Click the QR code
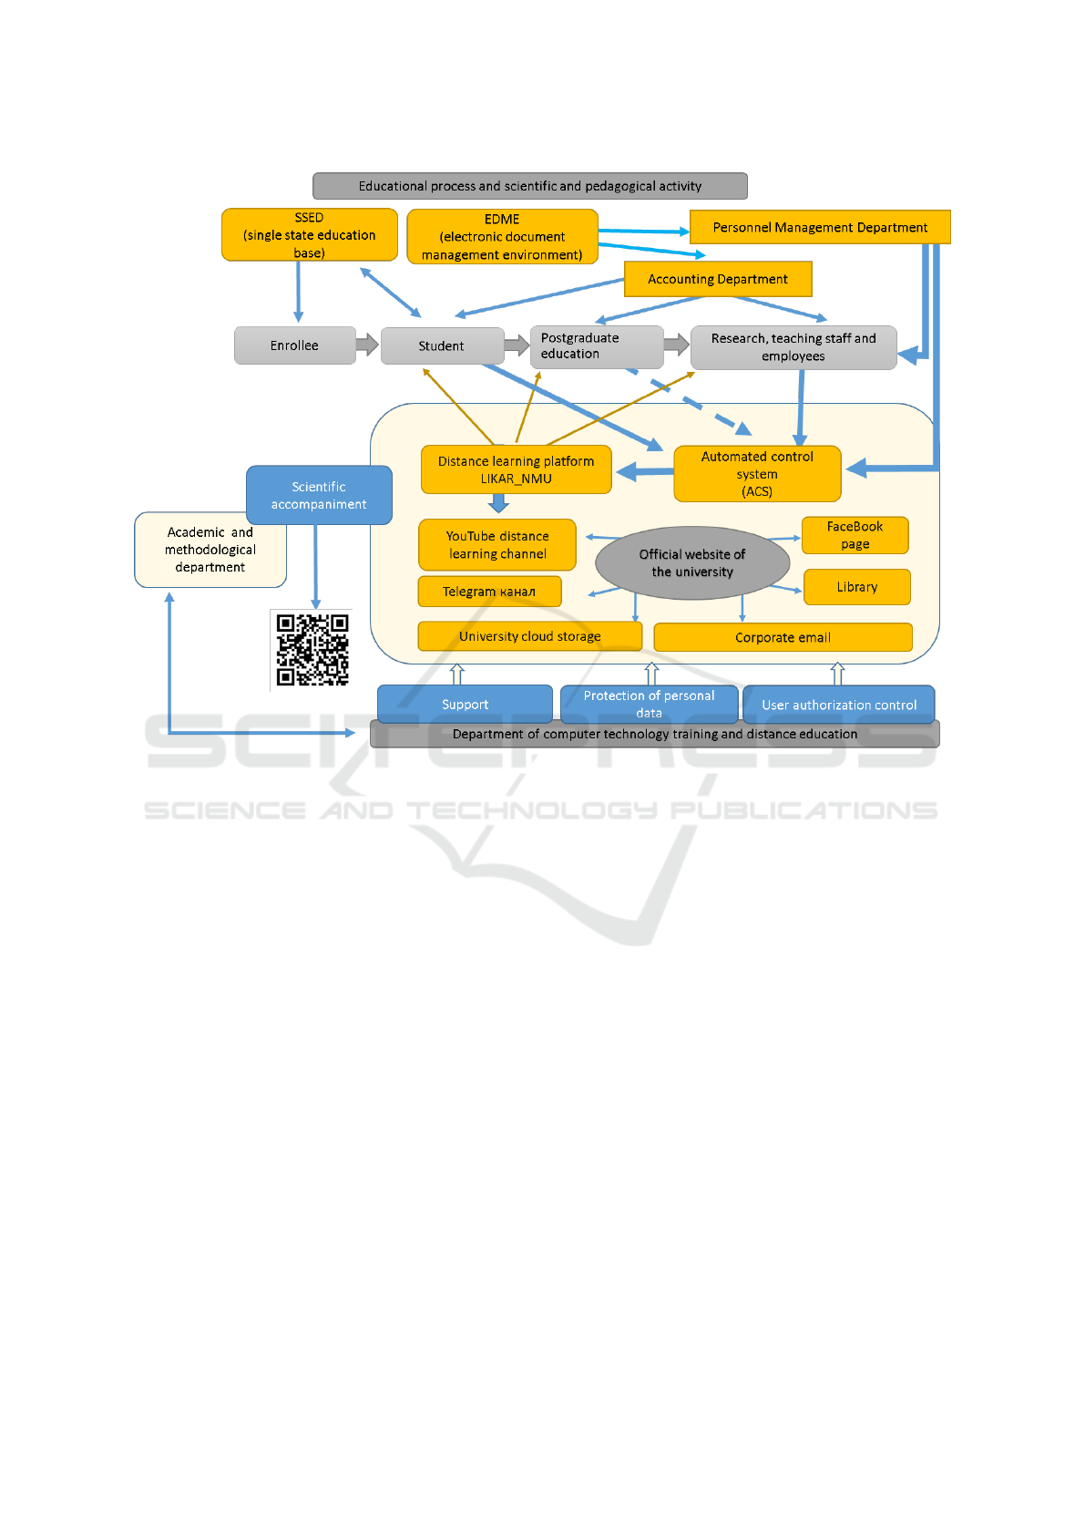[x=312, y=650]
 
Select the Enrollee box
[x=294, y=345]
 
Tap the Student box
[x=443, y=346]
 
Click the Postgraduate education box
[x=597, y=346]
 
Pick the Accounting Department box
[x=718, y=279]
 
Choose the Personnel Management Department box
[x=820, y=227]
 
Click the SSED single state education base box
[x=310, y=235]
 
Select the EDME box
[x=502, y=236]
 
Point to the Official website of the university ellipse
[x=692, y=562]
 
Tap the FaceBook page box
[x=855, y=535]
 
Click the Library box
[x=857, y=587]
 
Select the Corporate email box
[x=783, y=637]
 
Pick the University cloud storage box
[x=530, y=636]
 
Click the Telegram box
[x=490, y=592]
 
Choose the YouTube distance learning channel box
[x=497, y=545]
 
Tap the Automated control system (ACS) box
[x=758, y=473]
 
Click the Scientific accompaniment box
[x=319, y=496]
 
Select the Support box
[x=466, y=704]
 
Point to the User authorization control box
[x=839, y=705]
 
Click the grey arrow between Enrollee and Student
[x=368, y=344]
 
